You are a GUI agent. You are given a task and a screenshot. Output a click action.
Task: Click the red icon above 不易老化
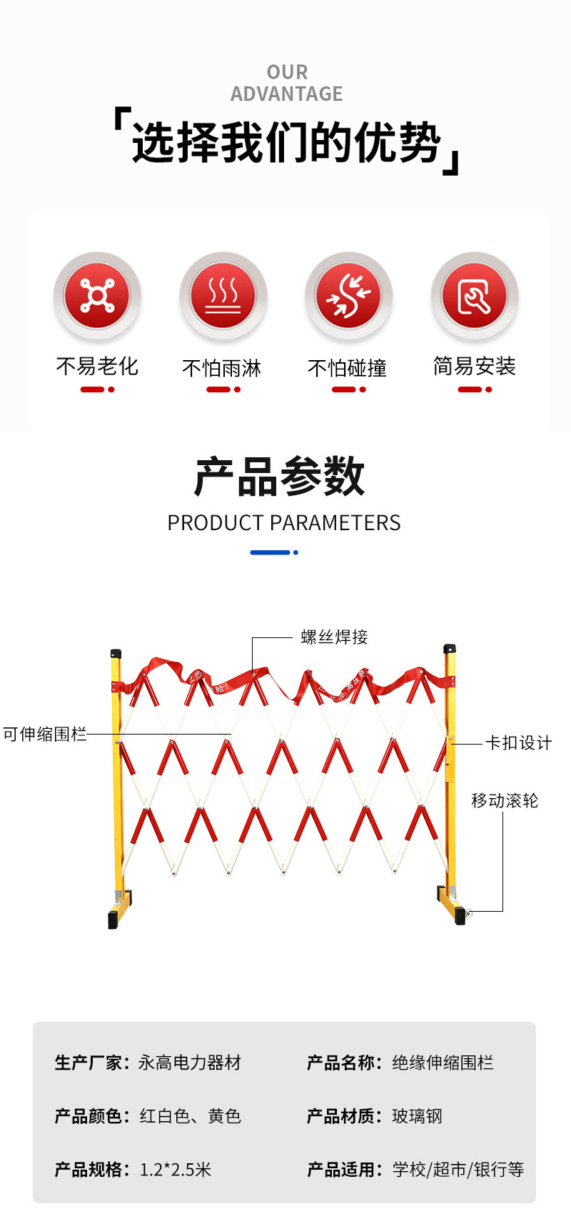[x=97, y=295]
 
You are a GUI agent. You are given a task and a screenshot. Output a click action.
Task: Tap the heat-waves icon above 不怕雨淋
[x=223, y=295]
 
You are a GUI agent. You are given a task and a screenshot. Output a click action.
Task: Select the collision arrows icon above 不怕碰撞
[x=348, y=295]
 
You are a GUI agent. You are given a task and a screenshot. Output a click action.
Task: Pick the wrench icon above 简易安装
[x=474, y=295]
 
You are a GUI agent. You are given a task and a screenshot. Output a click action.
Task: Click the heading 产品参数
[x=280, y=477]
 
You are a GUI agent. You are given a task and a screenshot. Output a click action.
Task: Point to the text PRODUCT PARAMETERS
[x=284, y=523]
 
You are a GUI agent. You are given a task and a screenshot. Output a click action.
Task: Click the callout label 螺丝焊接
[x=334, y=637]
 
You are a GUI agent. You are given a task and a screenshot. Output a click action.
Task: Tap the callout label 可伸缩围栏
[x=44, y=735]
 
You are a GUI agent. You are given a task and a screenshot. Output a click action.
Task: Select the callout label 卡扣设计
[x=518, y=743]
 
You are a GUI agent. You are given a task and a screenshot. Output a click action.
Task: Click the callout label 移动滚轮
[x=505, y=801]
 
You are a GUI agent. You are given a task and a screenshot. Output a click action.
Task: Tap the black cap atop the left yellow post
[x=116, y=653]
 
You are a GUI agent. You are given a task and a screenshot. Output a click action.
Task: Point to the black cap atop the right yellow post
[x=449, y=649]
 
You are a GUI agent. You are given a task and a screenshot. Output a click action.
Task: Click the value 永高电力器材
[x=190, y=1063]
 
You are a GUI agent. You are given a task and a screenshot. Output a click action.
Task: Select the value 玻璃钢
[x=417, y=1116]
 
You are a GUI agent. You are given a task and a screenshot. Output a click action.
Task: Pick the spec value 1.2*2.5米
[x=176, y=1170]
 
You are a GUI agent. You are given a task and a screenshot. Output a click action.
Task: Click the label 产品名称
[x=341, y=1063]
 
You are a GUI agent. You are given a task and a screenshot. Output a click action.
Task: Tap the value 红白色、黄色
[x=190, y=1116]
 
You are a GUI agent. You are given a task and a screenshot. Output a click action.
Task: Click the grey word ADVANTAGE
[x=286, y=94]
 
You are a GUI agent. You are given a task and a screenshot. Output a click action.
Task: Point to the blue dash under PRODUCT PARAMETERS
[x=271, y=552]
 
